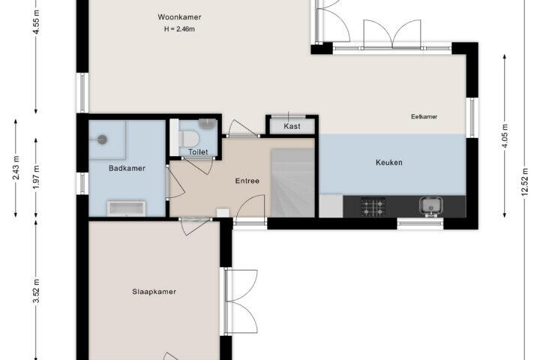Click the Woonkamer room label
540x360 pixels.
pyautogui.click(x=179, y=17)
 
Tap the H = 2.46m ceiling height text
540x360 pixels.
pyautogui.click(x=179, y=29)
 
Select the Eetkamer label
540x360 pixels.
pyautogui.click(x=424, y=117)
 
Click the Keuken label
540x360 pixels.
pyautogui.click(x=389, y=162)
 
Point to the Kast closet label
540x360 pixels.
pyautogui.click(x=292, y=127)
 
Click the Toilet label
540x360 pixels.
pyautogui.click(x=198, y=152)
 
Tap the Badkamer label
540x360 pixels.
pyautogui.click(x=127, y=169)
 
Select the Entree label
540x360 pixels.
pyautogui.click(x=247, y=181)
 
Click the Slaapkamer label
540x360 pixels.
pyautogui.click(x=154, y=292)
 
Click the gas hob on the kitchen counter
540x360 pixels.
pyautogui.click(x=373, y=207)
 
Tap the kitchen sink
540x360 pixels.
pyautogui.click(x=431, y=206)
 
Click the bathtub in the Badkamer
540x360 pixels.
pyautogui.click(x=127, y=208)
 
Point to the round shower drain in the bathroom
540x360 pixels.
pyautogui.click(x=102, y=139)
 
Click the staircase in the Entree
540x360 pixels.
pyautogui.click(x=292, y=183)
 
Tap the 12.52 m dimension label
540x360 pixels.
pyautogui.click(x=524, y=182)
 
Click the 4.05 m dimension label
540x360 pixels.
pyautogui.click(x=505, y=136)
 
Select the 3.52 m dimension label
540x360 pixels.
pyautogui.click(x=36, y=291)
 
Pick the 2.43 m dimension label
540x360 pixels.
pyautogui.click(x=16, y=168)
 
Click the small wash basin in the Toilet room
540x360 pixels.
pyautogui.click(x=207, y=124)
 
